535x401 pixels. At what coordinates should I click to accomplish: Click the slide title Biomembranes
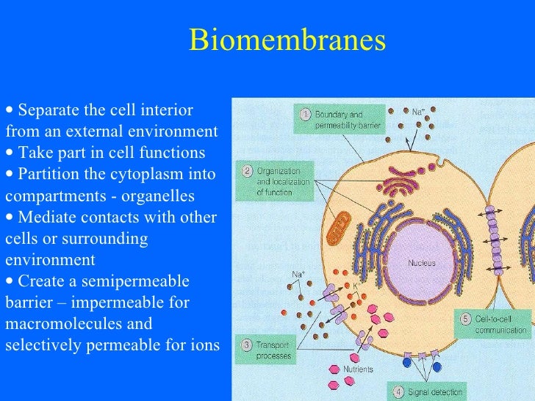287,40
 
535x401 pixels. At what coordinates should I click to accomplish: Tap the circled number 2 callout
249,172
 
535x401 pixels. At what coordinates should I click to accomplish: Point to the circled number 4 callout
397,391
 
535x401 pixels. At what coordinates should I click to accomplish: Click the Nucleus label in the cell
422,262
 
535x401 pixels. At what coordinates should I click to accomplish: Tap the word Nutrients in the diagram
358,369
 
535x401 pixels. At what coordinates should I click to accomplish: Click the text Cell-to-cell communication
502,324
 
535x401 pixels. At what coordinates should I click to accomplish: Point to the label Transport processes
273,350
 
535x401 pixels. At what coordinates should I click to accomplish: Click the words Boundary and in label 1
340,115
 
